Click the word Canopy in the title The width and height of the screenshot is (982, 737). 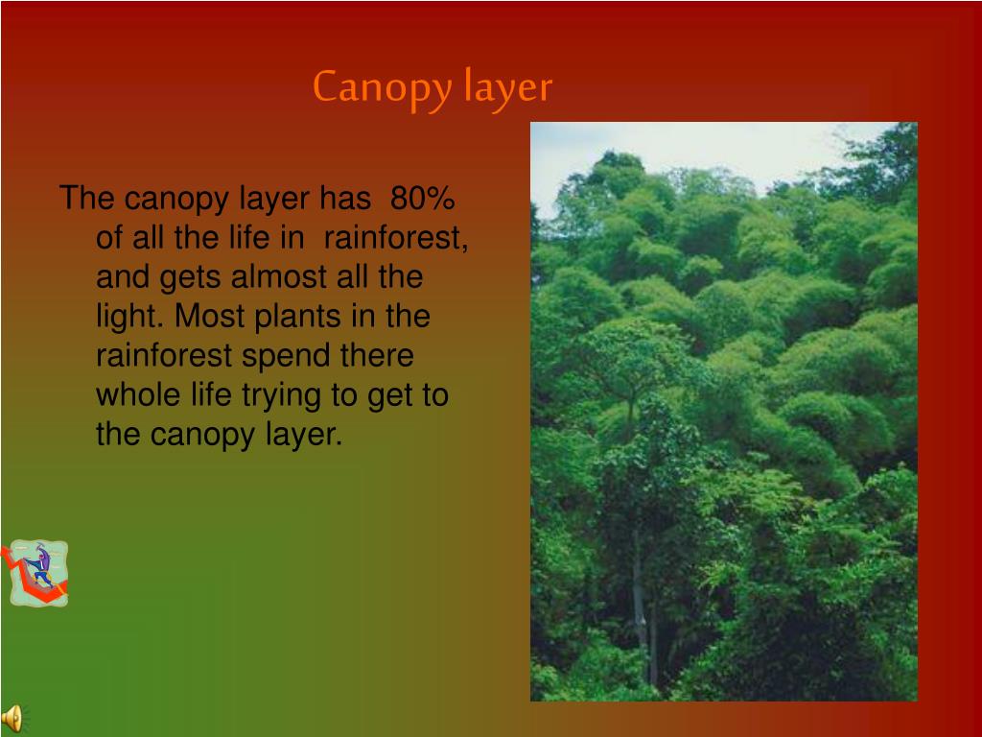click(x=381, y=88)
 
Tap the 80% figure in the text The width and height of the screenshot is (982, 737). click(x=423, y=200)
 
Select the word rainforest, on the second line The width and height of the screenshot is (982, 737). click(x=396, y=238)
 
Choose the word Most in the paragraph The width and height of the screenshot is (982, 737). click(x=209, y=317)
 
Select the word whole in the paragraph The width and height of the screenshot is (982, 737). click(x=136, y=395)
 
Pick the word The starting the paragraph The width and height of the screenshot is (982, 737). click(x=87, y=200)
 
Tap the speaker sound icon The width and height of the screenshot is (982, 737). click(x=12, y=718)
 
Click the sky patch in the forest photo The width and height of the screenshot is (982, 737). click(x=729, y=144)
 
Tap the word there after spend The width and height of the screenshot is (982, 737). click(x=378, y=356)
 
